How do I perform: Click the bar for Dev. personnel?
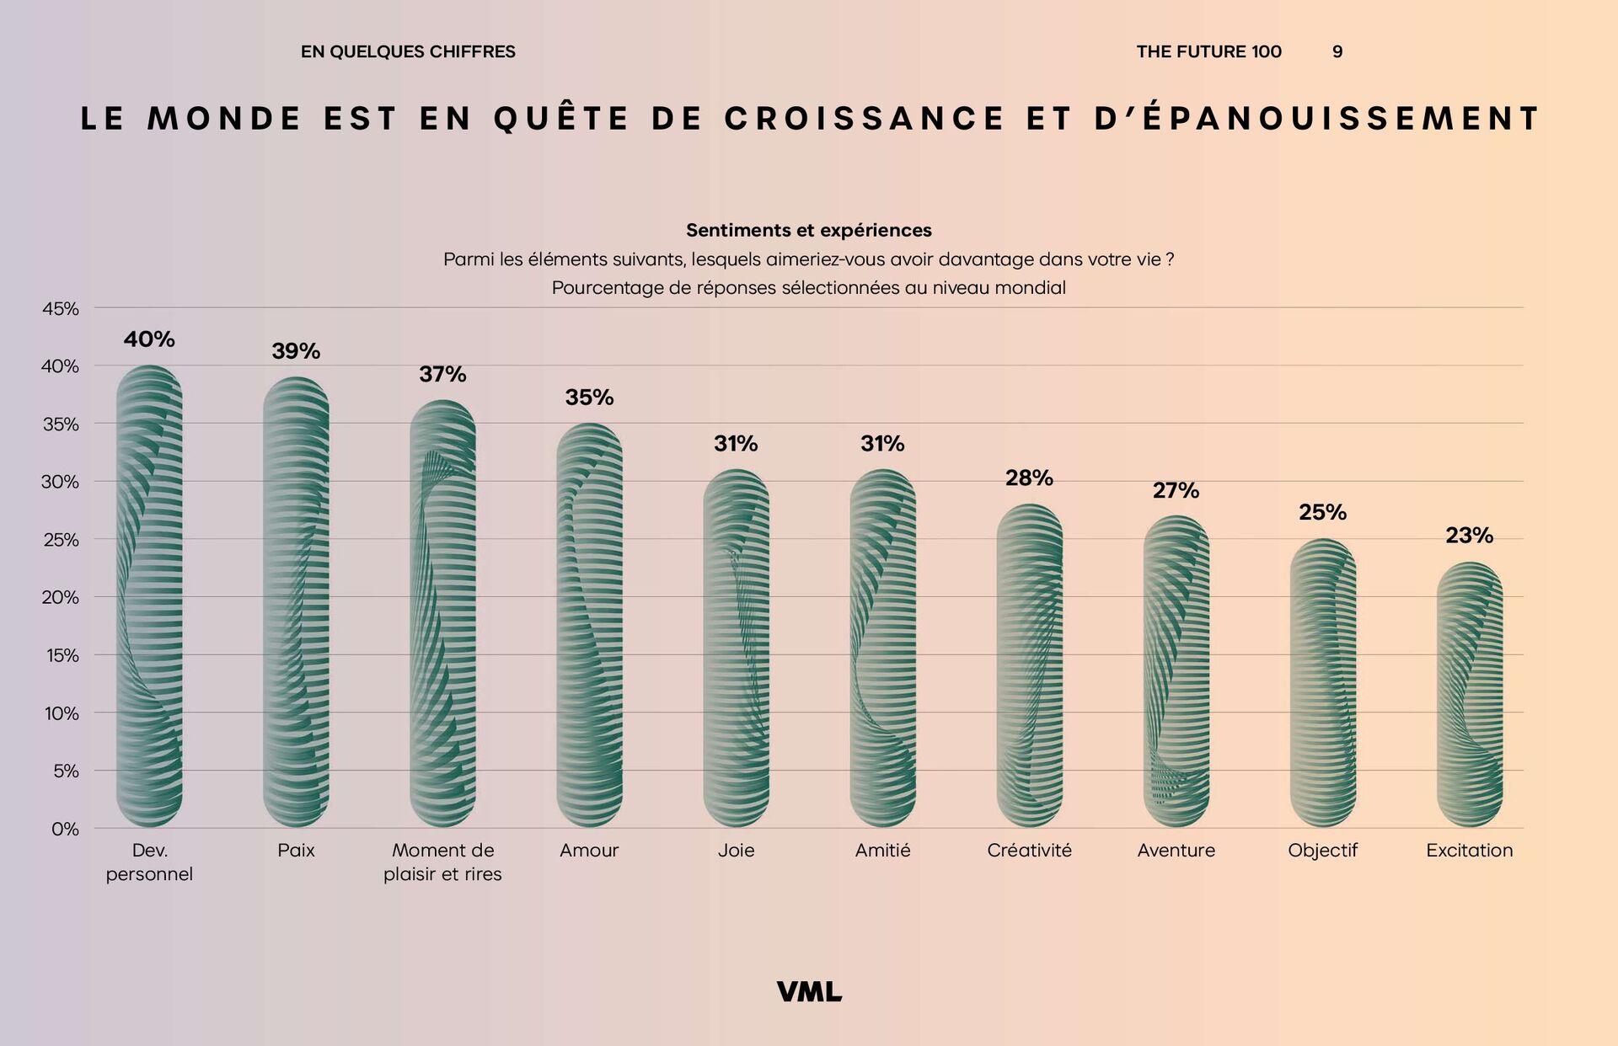point(149,596)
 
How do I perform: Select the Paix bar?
point(296,602)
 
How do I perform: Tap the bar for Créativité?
point(1029,665)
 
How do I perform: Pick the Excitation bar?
point(1469,695)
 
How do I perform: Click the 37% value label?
point(442,374)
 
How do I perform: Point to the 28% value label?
point(1029,478)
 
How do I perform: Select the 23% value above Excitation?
point(1469,536)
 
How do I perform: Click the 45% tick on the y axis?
point(61,309)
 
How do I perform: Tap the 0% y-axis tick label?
point(65,829)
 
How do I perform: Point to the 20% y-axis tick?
point(61,597)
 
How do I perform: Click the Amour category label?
point(589,851)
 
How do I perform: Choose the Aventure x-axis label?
point(1176,851)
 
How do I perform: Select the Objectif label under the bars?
point(1322,851)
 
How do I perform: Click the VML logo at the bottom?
point(809,992)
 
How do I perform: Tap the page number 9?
point(1337,52)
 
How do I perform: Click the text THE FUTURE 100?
point(1208,52)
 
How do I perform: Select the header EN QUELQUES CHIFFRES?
point(408,52)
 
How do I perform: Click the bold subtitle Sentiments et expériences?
point(809,231)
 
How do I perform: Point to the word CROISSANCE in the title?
point(865,119)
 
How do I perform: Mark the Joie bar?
point(736,648)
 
